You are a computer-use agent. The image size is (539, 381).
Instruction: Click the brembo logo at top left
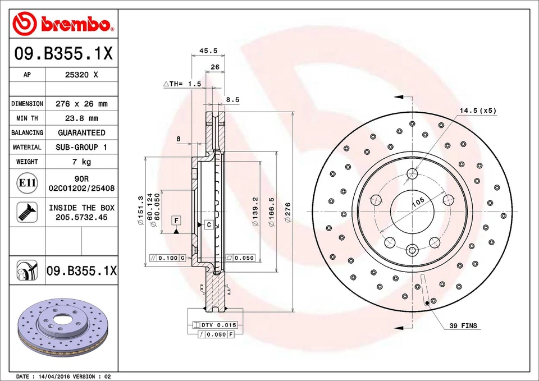[63, 23]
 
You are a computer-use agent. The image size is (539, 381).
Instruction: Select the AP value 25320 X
[82, 75]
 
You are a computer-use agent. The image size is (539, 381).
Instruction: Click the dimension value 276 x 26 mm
[82, 104]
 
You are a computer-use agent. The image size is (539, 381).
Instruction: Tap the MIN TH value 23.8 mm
[82, 118]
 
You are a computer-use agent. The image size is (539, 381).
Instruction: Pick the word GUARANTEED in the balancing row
[82, 133]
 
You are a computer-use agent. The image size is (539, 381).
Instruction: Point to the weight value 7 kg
[82, 162]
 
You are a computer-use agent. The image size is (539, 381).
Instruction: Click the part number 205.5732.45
[82, 217]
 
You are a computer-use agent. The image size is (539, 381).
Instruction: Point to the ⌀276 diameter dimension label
[288, 213]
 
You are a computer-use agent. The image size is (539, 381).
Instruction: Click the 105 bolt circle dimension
[417, 203]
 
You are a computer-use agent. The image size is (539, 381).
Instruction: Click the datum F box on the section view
[176, 219]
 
